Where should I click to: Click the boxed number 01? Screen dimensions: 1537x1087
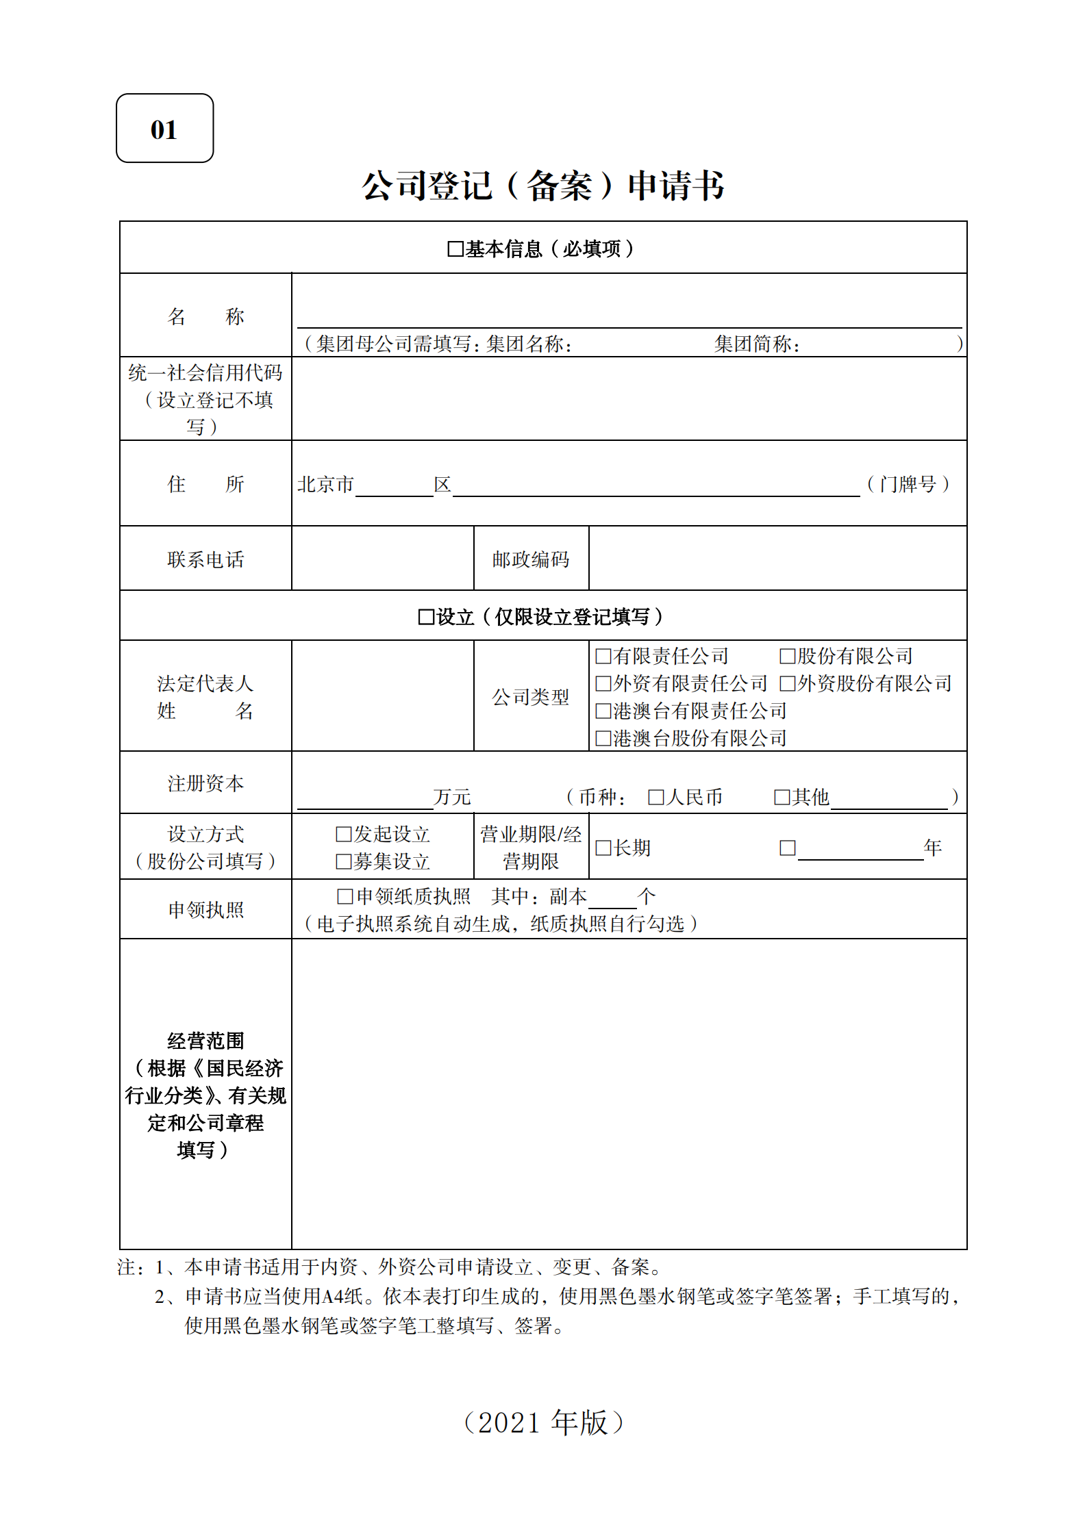pos(164,129)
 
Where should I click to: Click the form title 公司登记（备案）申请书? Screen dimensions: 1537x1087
pos(542,186)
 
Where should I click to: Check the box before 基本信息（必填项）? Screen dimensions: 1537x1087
pos(455,249)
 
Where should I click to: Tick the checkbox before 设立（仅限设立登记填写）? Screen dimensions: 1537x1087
pos(426,617)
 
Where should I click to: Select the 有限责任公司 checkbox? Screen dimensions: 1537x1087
pos(603,656)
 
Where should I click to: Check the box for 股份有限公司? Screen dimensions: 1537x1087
pos(787,656)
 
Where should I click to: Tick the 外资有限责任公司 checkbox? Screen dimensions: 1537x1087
pos(603,683)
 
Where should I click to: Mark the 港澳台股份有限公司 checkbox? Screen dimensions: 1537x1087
pos(603,738)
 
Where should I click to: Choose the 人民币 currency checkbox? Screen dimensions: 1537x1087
pos(655,797)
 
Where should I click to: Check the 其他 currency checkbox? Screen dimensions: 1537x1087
pos(782,797)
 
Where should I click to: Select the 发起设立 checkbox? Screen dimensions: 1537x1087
pos(343,834)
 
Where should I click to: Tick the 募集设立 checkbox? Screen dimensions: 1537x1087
pos(343,861)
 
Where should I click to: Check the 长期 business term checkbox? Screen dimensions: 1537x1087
pos(603,848)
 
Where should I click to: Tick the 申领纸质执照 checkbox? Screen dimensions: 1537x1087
pos(345,896)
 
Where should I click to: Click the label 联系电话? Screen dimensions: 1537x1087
pos(205,559)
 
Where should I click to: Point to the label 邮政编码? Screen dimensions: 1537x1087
pos(531,559)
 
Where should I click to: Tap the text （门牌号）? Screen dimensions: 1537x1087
pos(908,484)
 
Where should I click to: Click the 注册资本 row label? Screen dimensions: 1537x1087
pos(205,783)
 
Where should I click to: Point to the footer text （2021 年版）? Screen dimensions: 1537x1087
pos(543,1422)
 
